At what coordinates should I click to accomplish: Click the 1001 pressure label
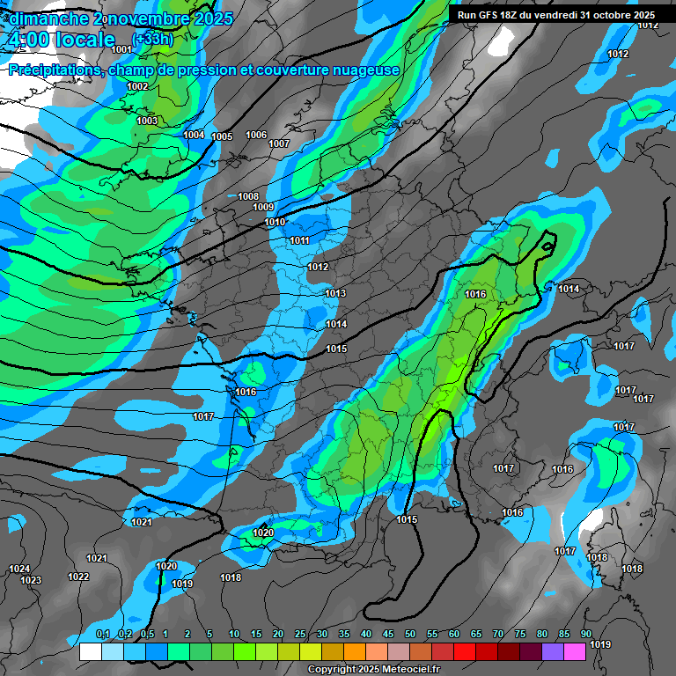pos(121,49)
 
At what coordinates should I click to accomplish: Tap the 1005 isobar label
pos(222,136)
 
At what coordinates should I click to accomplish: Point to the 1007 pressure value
pos(279,143)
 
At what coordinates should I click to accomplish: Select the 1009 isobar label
pos(263,207)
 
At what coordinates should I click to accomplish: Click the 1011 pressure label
pos(299,240)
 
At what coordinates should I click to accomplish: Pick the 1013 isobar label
pos(335,293)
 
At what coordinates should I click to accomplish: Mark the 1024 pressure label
pos(19,569)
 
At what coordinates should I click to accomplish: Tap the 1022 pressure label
pos(78,577)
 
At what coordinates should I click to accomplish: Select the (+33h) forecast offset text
pos(152,39)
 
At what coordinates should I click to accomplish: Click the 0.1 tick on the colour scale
pos(102,635)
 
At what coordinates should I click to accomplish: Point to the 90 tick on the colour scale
pos(585,635)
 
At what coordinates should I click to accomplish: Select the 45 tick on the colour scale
pos(388,635)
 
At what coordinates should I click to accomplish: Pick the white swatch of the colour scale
pos(91,651)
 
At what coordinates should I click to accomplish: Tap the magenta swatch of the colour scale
pos(575,651)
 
